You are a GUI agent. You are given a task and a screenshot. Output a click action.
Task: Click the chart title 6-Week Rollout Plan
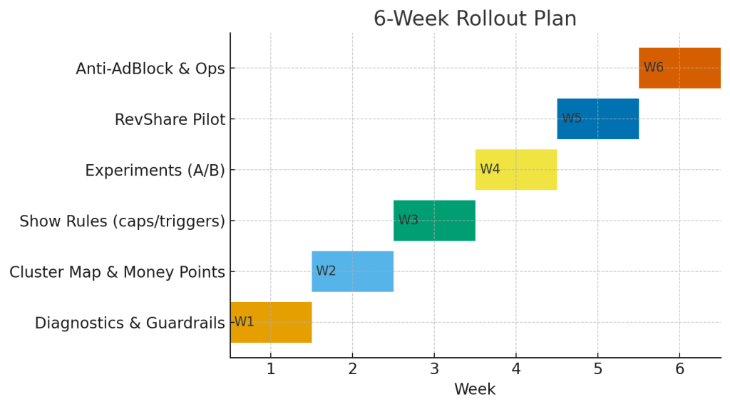tap(475, 19)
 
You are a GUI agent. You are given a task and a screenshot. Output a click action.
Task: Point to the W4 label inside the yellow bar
tap(490, 169)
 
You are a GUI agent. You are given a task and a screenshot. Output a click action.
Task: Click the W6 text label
tap(653, 68)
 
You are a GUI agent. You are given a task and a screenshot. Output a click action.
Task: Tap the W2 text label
tap(326, 271)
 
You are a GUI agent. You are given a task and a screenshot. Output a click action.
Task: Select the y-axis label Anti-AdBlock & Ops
tap(150, 69)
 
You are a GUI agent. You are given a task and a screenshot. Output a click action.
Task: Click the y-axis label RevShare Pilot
tap(170, 120)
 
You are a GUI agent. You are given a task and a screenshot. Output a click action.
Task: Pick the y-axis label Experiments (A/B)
tap(155, 171)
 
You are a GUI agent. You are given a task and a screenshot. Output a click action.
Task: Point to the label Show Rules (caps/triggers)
tap(122, 221)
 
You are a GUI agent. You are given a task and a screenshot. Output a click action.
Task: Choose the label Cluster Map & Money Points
tap(117, 272)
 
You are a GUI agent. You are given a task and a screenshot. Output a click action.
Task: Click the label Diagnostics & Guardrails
tap(130, 323)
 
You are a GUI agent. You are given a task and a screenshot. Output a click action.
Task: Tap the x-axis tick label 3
tap(434, 369)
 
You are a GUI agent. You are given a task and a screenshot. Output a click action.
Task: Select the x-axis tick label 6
tap(679, 369)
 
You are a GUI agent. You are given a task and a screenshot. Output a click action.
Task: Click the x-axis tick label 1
tap(270, 369)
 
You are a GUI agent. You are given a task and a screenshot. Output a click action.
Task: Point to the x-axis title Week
tap(475, 390)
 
